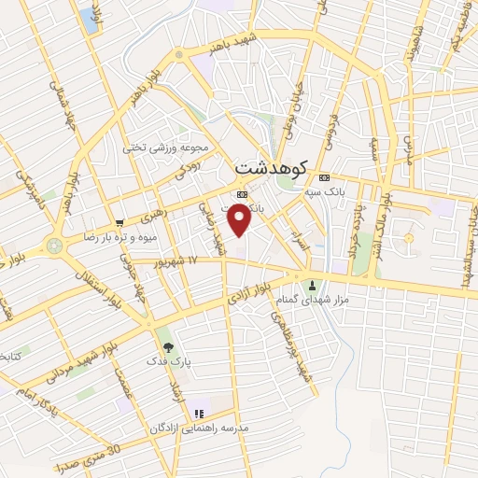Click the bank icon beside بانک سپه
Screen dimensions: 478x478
point(324,178)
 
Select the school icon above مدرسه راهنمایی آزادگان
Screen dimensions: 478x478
point(198,413)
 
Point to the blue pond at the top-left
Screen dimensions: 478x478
point(90,17)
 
